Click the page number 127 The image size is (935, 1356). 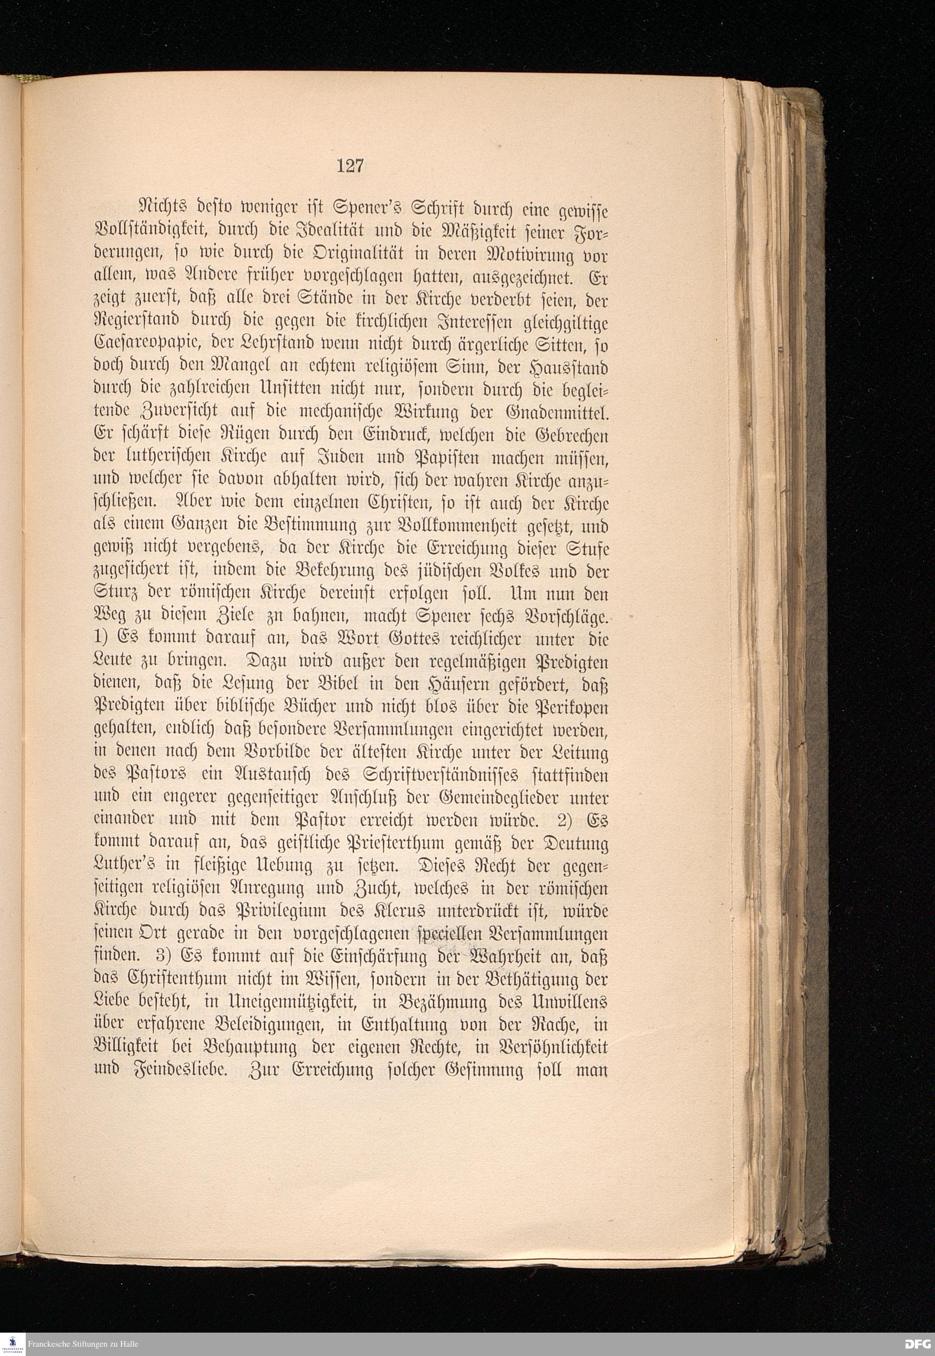click(x=350, y=166)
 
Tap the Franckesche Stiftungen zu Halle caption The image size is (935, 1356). click(x=83, y=1344)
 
